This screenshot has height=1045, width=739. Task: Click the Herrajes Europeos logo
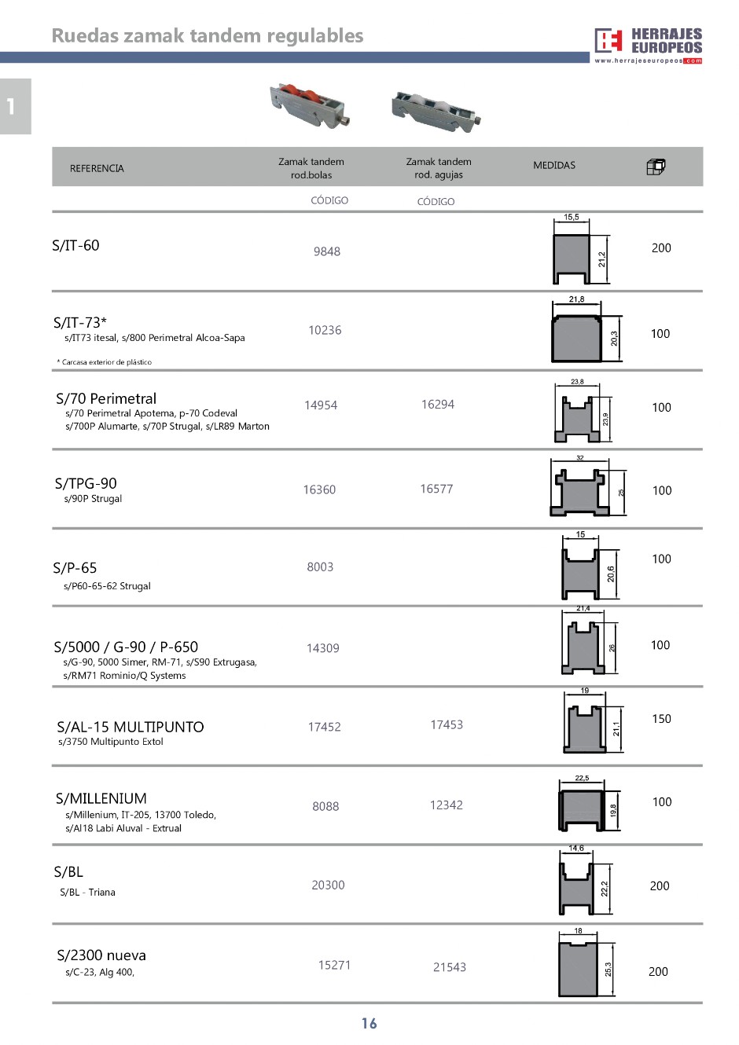648,45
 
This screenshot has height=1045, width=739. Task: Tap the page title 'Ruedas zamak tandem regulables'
208,35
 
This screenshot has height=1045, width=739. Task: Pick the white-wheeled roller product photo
436,111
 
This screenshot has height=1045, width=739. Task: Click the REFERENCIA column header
97,168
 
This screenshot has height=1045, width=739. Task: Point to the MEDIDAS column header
554,165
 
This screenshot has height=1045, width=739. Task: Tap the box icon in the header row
656,167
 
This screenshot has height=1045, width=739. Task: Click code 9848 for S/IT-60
327,251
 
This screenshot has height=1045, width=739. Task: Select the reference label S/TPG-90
86,483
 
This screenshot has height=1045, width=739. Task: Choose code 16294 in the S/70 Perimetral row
438,405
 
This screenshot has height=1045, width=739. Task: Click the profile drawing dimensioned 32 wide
580,492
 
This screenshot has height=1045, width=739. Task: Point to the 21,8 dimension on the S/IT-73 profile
576,299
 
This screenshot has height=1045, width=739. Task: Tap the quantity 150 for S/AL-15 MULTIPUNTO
661,719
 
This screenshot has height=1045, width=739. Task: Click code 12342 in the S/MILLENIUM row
447,805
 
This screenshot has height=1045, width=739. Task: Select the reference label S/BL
68,872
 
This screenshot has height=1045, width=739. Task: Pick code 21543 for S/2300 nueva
450,967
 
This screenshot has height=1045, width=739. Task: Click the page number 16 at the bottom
369,1023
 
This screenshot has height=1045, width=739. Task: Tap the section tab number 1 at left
11,106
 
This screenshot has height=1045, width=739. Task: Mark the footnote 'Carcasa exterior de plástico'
105,362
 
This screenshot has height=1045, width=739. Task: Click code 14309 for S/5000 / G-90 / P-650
323,648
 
